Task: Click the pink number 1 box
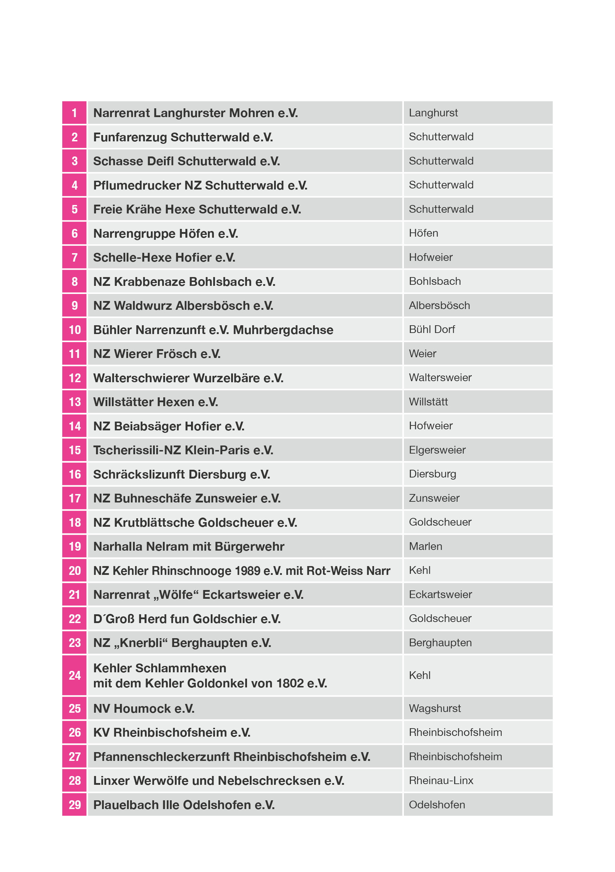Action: pyautogui.click(x=74, y=113)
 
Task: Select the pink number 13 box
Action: pyautogui.click(x=74, y=402)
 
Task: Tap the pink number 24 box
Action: pyautogui.click(x=74, y=675)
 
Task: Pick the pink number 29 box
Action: pyautogui.click(x=74, y=804)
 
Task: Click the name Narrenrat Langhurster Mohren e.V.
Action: pyautogui.click(x=195, y=113)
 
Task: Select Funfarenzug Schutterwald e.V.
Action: pyautogui.click(x=183, y=137)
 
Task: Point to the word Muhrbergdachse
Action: pyautogui.click(x=283, y=330)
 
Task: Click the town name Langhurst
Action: pyautogui.click(x=433, y=113)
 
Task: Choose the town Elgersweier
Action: pyautogui.click(x=437, y=450)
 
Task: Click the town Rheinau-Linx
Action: pyautogui.click(x=441, y=781)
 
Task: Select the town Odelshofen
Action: pyautogui.click(x=437, y=804)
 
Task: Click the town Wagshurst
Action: pyautogui.click(x=435, y=708)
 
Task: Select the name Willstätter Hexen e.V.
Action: pyautogui.click(x=156, y=402)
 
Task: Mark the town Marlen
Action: pyautogui.click(x=425, y=546)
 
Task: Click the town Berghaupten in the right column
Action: pyautogui.click(x=440, y=643)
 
